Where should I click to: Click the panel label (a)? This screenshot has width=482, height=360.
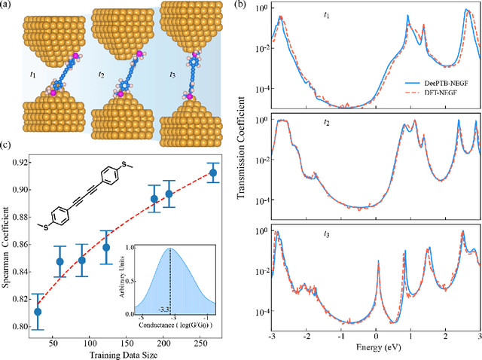click(9, 8)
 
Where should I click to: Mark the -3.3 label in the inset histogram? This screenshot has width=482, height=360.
click(163, 307)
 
